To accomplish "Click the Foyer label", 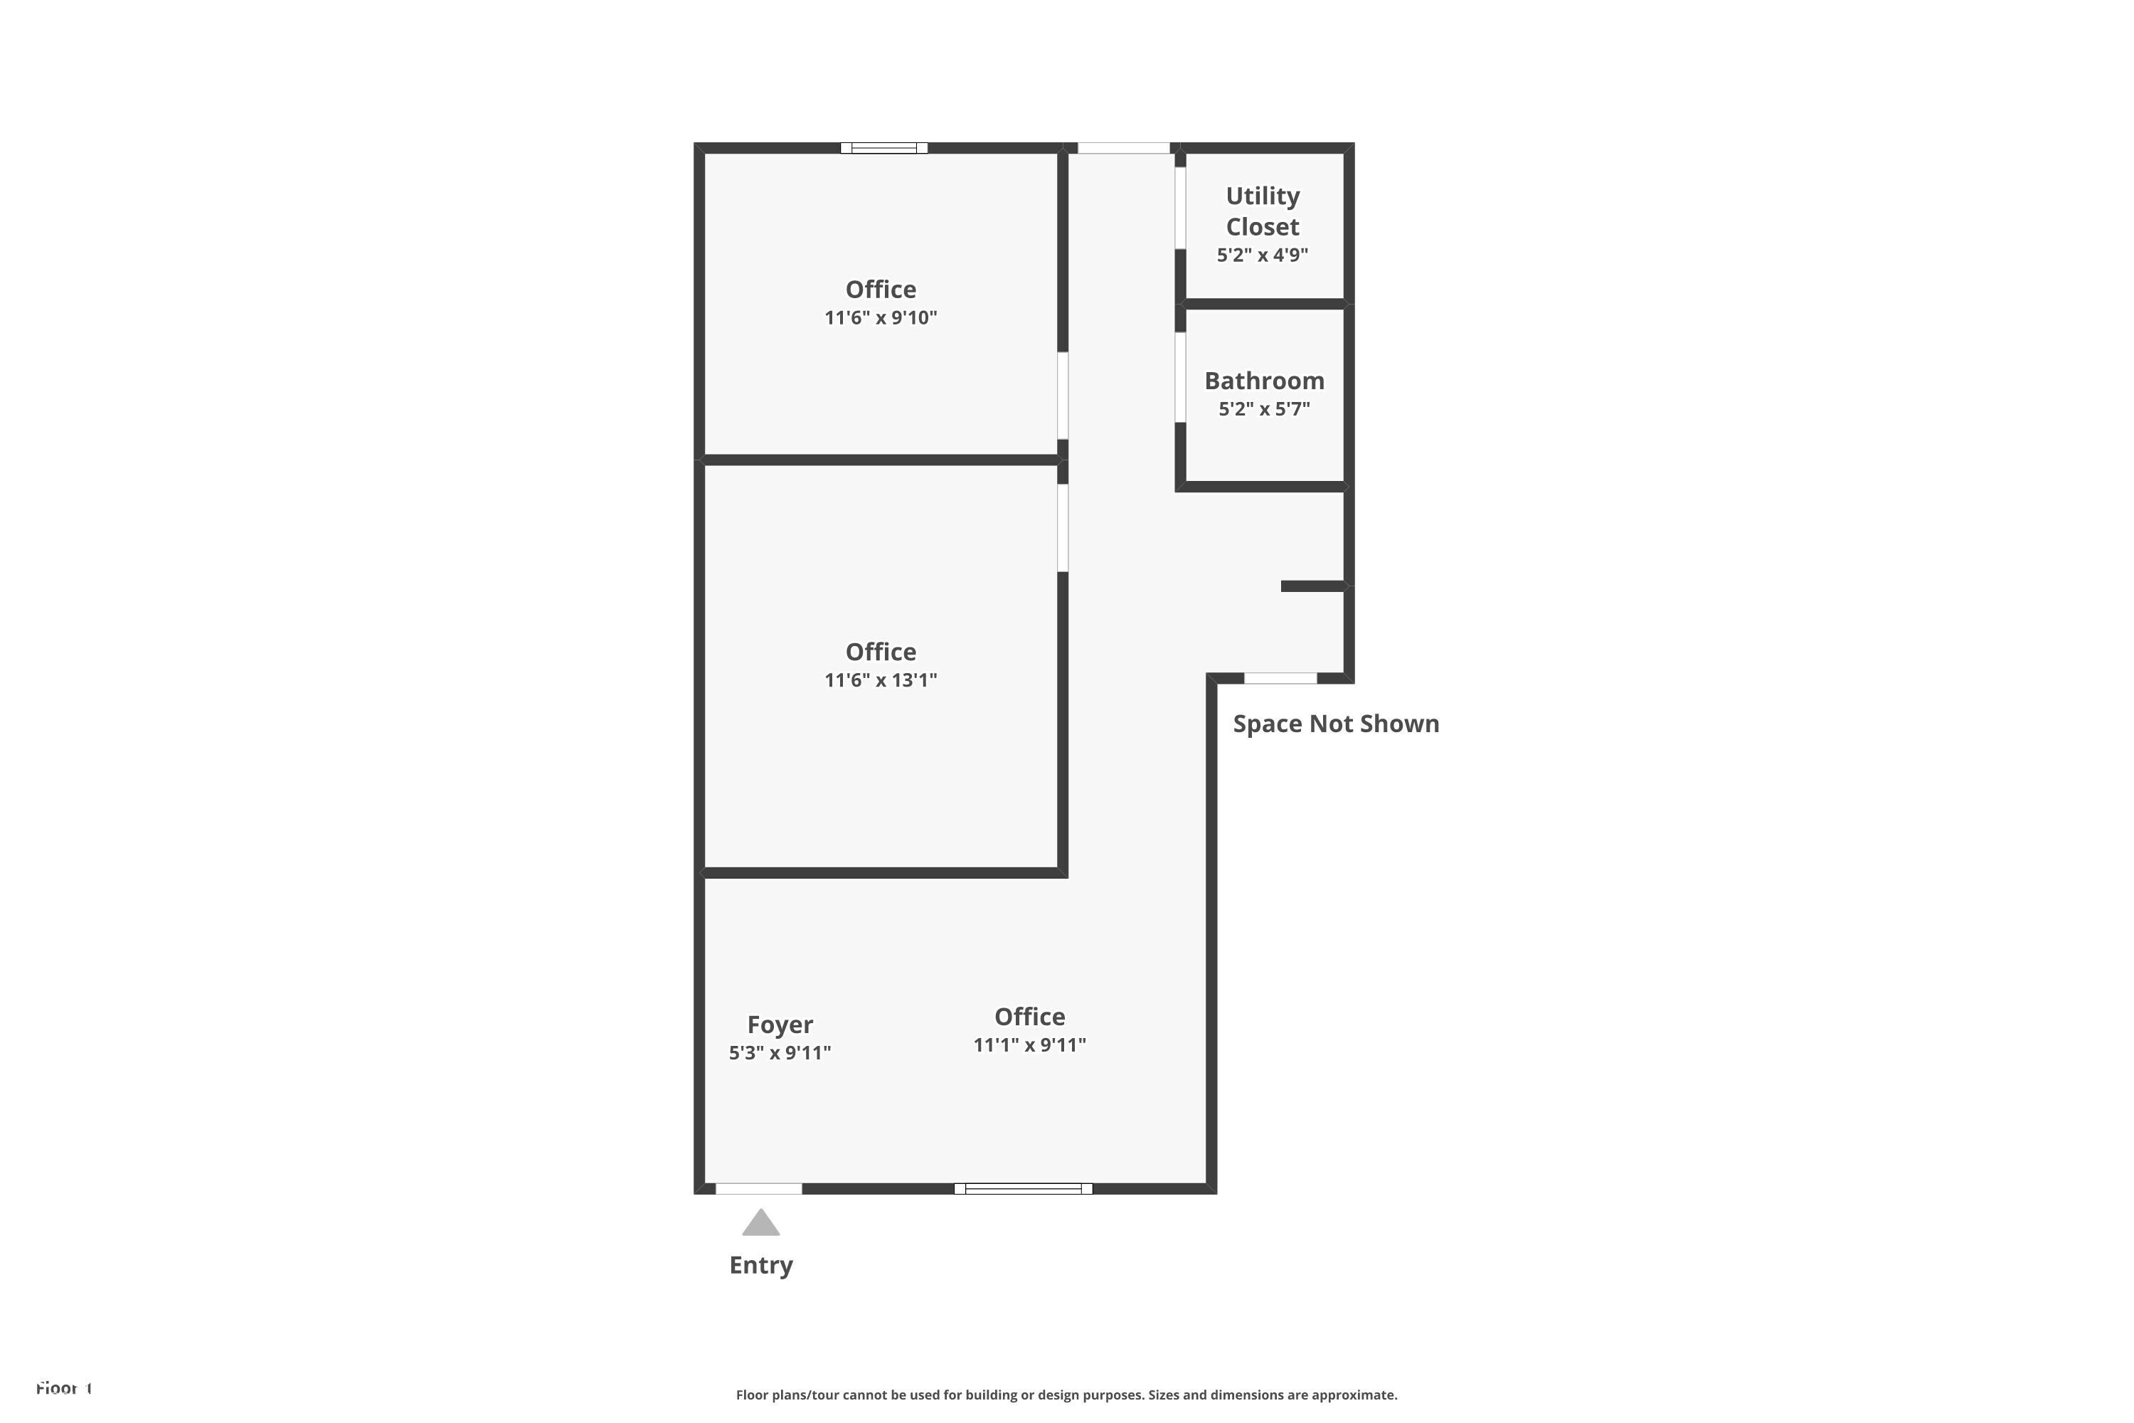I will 780,1024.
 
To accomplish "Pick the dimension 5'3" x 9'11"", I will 780,1053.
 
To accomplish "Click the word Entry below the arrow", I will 760,1265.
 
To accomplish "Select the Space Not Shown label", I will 1336,724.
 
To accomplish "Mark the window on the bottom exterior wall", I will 1023,1189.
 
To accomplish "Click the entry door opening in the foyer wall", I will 758,1189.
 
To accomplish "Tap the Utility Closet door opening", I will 1180,208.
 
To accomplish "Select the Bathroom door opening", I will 1180,378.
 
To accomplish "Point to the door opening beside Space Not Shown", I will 1280,678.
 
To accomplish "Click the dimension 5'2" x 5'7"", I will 1264,409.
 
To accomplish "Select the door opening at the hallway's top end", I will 1123,148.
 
